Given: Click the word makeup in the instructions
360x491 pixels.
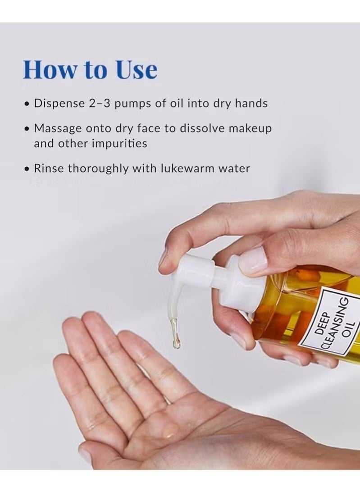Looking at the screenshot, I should click(251, 128).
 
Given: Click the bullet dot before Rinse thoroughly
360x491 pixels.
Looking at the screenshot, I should click(27, 169).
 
